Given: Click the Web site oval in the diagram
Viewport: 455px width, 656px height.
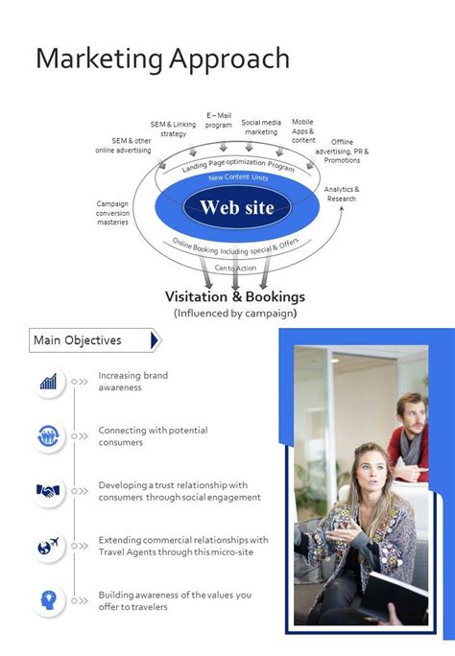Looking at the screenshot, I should pyautogui.click(x=236, y=207).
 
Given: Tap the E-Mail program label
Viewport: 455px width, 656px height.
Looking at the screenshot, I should pyautogui.click(x=219, y=120).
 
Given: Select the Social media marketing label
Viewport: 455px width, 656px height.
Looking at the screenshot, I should pyautogui.click(x=261, y=127).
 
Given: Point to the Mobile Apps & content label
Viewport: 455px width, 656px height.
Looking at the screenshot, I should pyautogui.click(x=303, y=130).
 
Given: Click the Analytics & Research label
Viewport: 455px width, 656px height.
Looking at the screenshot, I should pyautogui.click(x=342, y=194).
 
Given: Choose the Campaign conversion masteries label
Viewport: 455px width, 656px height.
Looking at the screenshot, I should pyautogui.click(x=112, y=213).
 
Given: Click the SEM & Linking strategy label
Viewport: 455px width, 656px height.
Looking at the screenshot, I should pyautogui.click(x=173, y=129).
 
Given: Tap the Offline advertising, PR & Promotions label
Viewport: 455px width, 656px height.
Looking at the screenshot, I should pyautogui.click(x=342, y=151).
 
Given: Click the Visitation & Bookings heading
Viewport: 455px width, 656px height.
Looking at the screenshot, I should pyautogui.click(x=235, y=296).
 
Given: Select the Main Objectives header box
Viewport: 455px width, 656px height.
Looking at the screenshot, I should pyautogui.click(x=93, y=340).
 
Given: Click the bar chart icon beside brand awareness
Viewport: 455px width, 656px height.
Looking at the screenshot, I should pyautogui.click(x=48, y=382).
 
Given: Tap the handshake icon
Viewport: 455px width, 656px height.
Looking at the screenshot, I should pyautogui.click(x=48, y=491).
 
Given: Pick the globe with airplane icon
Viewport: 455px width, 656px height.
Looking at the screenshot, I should pyautogui.click(x=48, y=546).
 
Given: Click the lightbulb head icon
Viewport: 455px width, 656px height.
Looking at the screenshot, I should pyautogui.click(x=48, y=600).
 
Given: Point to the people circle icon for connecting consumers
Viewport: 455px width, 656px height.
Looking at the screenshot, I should pyautogui.click(x=48, y=436).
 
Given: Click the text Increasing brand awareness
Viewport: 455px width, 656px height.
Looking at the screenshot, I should pyautogui.click(x=132, y=382).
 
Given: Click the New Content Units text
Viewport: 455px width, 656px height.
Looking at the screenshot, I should pyautogui.click(x=238, y=178).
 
